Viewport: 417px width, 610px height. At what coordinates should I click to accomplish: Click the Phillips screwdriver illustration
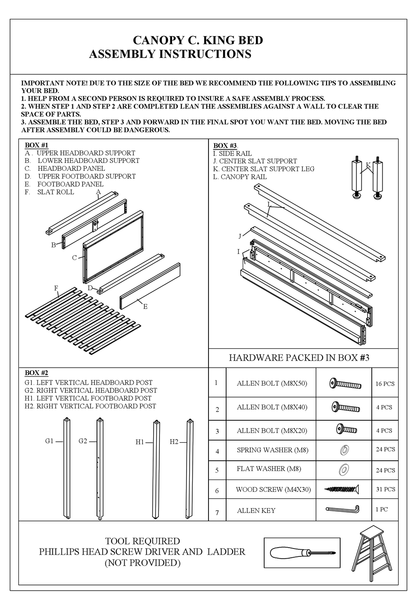tap(303, 552)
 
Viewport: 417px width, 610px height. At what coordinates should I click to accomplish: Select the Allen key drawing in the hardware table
tap(343, 509)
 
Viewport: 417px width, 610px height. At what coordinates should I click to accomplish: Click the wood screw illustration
tap(342, 488)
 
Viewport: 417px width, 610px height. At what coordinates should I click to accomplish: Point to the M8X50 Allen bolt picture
tap(345, 383)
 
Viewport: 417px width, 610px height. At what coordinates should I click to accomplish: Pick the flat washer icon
tap(344, 469)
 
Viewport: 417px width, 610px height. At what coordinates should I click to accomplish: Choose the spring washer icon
tap(344, 450)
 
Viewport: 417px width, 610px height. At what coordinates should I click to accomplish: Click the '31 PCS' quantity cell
tap(385, 489)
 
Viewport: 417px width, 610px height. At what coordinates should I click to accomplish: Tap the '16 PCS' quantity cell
tap(385, 384)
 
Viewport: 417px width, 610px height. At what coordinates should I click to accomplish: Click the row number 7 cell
tap(217, 512)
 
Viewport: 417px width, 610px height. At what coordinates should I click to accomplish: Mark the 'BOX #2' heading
tap(36, 372)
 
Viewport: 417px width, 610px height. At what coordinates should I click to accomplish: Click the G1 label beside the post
tap(49, 441)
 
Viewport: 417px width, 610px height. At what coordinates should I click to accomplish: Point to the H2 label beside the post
tap(174, 442)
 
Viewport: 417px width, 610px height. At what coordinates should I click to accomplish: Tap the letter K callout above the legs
tap(368, 165)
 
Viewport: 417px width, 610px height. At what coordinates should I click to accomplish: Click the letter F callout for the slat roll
tap(56, 288)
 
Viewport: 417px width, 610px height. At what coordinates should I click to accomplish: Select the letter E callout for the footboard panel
tap(145, 307)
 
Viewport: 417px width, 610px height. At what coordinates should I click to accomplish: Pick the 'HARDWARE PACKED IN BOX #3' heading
tap(299, 357)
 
